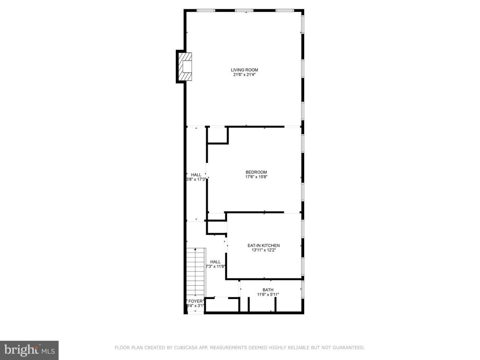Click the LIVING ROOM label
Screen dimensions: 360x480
(x=244, y=70)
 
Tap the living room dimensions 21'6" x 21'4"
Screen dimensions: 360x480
(x=244, y=75)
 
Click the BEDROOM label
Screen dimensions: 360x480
(x=256, y=172)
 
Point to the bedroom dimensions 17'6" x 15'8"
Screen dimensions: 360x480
(x=256, y=177)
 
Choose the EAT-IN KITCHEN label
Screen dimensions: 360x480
(x=264, y=246)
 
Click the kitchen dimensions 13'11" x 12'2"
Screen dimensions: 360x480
(x=264, y=251)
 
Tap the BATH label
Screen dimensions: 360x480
(x=268, y=290)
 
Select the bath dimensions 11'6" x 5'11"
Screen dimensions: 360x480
(x=268, y=294)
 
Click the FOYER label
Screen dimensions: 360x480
(x=195, y=301)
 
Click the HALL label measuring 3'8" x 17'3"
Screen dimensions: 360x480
(x=196, y=174)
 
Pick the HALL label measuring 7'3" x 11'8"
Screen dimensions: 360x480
(x=216, y=262)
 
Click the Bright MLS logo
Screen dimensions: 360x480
(x=29, y=349)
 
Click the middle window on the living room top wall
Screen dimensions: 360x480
(x=244, y=10)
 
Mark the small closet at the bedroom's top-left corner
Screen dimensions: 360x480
(x=218, y=135)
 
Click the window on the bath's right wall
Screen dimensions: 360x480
(x=303, y=289)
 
